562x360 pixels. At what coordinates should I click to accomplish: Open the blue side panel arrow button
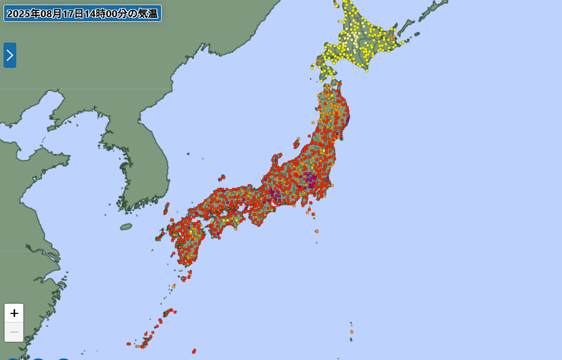pyautogui.click(x=10, y=55)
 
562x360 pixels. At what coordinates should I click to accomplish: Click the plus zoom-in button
pyautogui.click(x=14, y=313)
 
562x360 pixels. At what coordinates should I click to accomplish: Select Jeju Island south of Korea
pyautogui.click(x=126, y=227)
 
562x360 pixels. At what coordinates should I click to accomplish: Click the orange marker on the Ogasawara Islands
pyautogui.click(x=351, y=332)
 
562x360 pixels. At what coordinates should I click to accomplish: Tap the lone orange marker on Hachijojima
pyautogui.click(x=317, y=231)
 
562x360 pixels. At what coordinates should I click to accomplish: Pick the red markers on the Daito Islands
pyautogui.click(x=194, y=351)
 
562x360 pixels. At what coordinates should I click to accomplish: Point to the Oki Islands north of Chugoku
pyautogui.click(x=222, y=177)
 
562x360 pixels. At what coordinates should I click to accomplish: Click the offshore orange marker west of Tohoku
pyautogui.click(x=313, y=122)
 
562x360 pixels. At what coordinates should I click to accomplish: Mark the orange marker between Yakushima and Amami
pyautogui.click(x=173, y=287)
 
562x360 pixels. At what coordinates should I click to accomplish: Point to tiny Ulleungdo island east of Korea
pyautogui.click(x=188, y=154)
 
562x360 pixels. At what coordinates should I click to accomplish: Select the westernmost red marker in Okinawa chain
pyautogui.click(x=128, y=344)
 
